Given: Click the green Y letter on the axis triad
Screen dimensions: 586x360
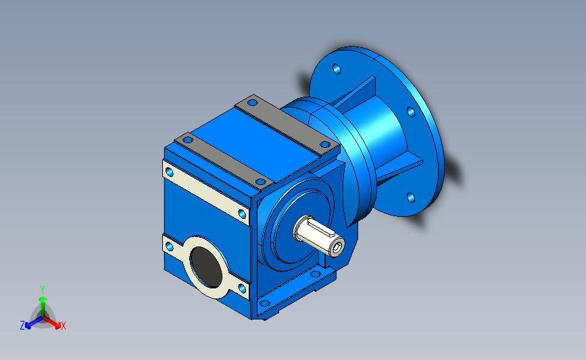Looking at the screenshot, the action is tap(42, 290).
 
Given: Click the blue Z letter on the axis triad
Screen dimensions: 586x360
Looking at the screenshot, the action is tap(22, 326).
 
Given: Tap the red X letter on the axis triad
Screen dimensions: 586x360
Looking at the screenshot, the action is tap(63, 326).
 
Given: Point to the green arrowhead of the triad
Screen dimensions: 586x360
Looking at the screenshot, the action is tap(43, 299).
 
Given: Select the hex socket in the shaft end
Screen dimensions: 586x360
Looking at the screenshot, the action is tap(339, 247).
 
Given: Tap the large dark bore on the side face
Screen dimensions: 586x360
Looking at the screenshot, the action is tap(205, 267).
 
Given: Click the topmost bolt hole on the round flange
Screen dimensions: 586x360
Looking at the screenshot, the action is tap(337, 69).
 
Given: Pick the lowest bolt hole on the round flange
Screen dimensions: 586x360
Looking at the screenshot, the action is tap(411, 197).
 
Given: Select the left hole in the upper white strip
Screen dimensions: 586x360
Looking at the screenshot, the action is tap(169, 172).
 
